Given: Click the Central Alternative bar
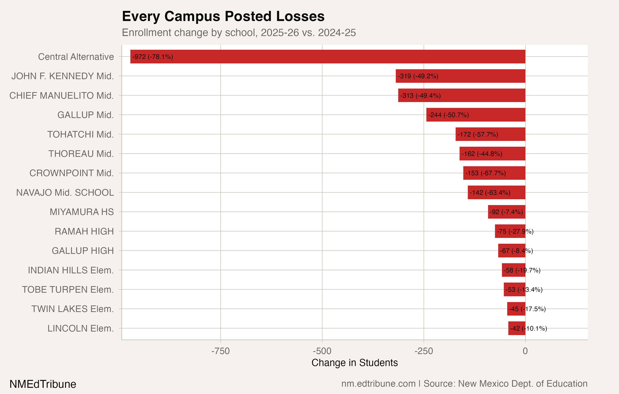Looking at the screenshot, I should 328,57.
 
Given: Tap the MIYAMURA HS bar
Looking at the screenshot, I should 506,212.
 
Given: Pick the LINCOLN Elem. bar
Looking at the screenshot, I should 517,328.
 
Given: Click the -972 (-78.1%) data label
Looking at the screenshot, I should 153,57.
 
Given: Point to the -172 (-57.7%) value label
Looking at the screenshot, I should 478,135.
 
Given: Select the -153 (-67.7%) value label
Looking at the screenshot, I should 485,173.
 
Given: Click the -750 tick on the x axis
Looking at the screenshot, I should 220,351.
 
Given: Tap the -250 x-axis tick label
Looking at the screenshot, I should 423,351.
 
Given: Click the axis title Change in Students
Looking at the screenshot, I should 355,363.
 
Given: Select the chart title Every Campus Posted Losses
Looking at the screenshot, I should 223,17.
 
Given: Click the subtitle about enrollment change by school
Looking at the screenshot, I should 239,33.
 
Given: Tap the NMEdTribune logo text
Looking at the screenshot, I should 43,384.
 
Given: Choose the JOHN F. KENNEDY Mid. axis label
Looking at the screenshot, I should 62,76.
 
